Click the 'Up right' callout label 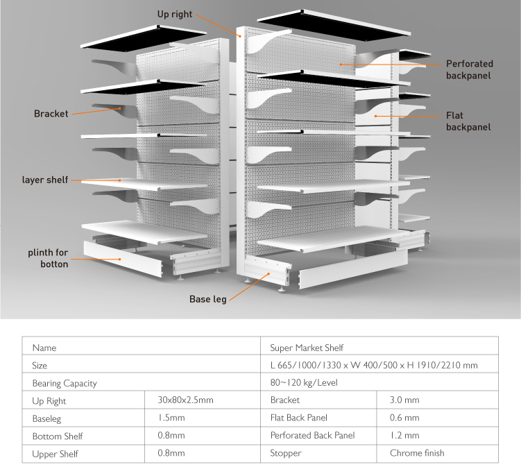(174, 15)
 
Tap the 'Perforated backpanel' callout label (469, 69)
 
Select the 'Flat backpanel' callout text (468, 121)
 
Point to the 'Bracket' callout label (51, 114)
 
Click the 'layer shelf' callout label (45, 180)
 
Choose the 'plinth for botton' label (48, 258)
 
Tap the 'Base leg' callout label (208, 299)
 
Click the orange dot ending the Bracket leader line (120, 108)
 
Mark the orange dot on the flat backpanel (375, 116)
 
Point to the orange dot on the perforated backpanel (341, 65)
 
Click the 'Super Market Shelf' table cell (307, 348)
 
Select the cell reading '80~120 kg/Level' (304, 382)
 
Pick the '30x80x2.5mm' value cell (185, 400)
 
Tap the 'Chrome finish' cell (417, 453)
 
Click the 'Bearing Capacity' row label (65, 383)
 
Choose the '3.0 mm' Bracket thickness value (404, 400)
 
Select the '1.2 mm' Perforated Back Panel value (404, 436)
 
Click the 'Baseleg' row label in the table (46, 419)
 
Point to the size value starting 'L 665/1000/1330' (374, 365)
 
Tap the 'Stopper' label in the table (286, 453)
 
